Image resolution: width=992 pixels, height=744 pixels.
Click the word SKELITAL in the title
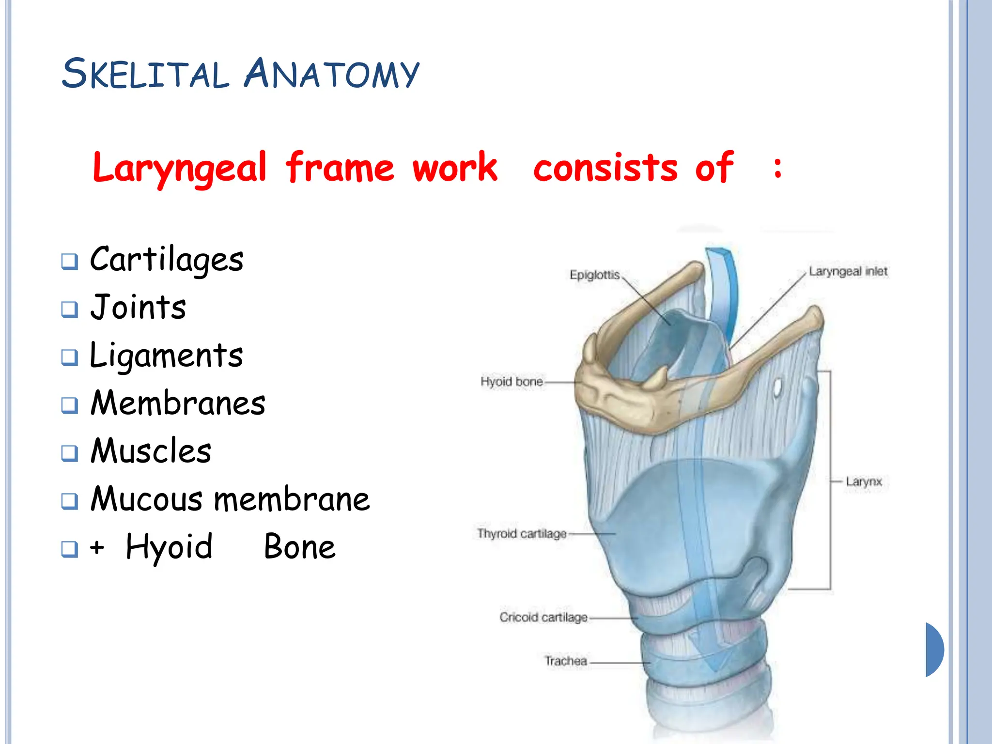[145, 74]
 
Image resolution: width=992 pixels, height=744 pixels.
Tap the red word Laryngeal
[180, 168]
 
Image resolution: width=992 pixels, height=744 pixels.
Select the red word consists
[605, 168]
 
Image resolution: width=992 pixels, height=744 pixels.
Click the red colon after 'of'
[777, 169]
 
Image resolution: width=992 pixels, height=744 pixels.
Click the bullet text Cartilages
[167, 260]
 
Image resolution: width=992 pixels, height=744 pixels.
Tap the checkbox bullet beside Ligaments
[70, 357]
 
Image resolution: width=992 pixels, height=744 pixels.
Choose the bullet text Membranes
[178, 403]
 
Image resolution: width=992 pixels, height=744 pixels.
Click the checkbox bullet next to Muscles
[70, 453]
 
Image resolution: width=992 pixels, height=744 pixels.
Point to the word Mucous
[147, 499]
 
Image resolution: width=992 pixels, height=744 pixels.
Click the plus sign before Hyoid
[97, 547]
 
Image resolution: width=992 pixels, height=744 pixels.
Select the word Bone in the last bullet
[299, 547]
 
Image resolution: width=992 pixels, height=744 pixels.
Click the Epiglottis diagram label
[594, 275]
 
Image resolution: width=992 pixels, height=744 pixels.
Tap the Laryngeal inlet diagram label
[848, 272]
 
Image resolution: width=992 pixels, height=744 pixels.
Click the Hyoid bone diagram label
[511, 382]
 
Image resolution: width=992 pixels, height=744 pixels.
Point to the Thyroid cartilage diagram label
[522, 533]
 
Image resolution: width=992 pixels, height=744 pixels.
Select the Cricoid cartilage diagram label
[543, 617]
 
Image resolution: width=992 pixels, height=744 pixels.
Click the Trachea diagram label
[565, 661]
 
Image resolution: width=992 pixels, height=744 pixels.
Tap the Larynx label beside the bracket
[864, 481]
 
